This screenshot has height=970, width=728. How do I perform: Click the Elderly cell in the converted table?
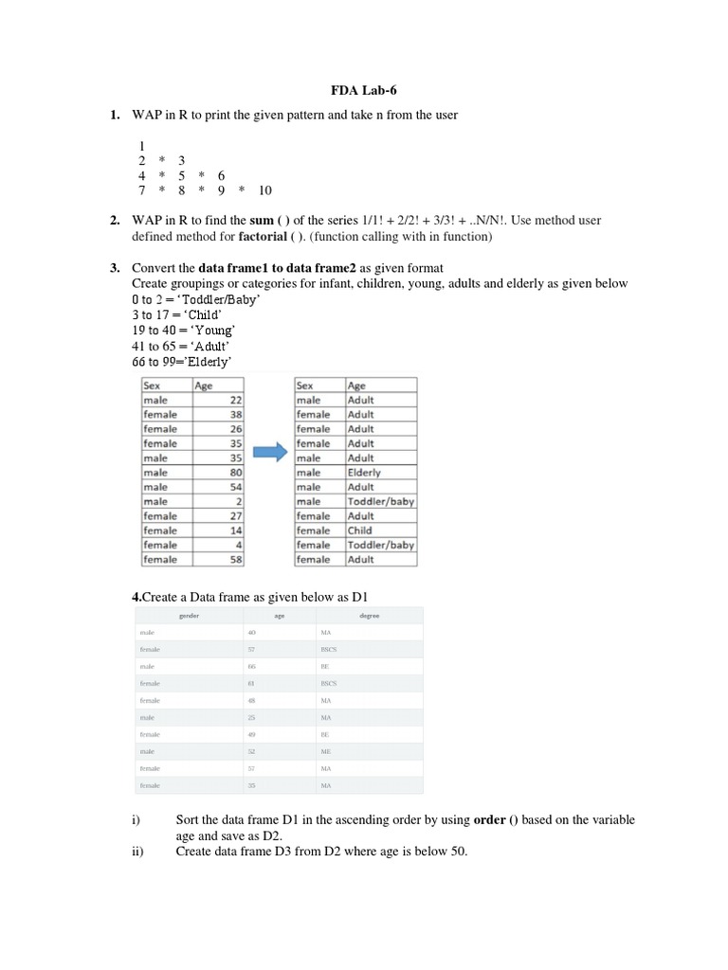point(364,472)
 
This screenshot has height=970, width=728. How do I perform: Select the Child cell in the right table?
point(360,530)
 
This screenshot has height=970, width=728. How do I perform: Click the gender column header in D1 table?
point(189,615)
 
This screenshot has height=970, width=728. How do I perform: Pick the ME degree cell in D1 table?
point(325,750)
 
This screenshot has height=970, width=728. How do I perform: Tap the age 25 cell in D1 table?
point(252,717)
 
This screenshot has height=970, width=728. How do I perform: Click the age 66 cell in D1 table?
point(252,666)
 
